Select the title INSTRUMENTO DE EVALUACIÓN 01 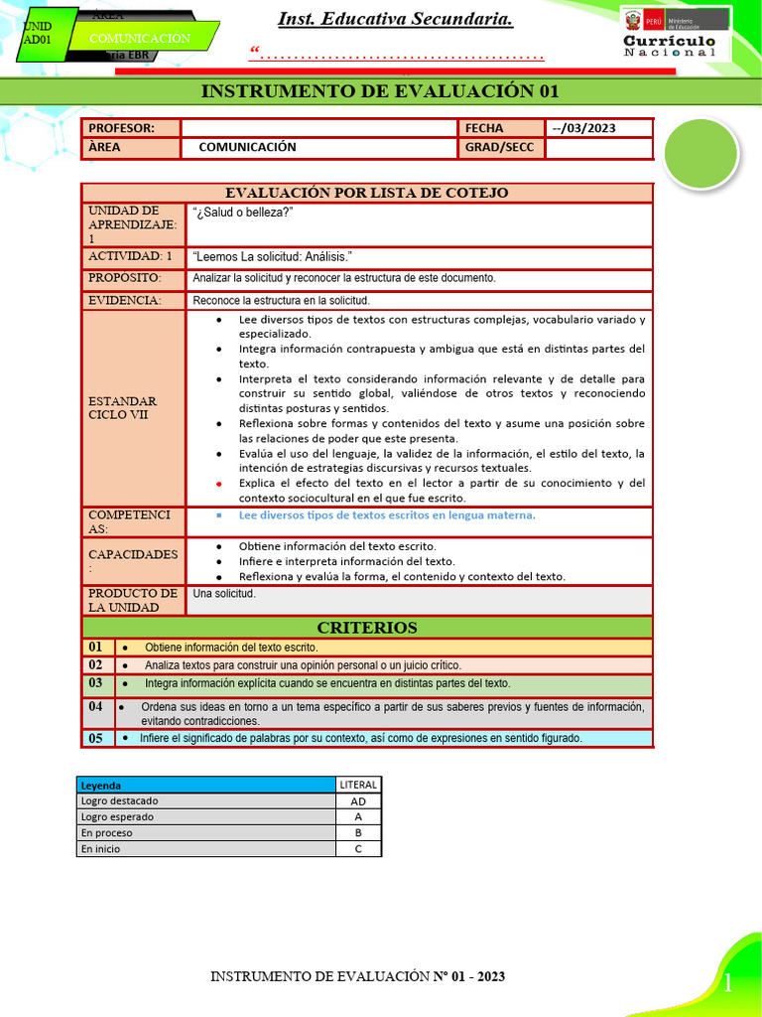[x=380, y=91]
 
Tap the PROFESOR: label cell [x=131, y=128]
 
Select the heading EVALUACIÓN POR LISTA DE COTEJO [x=367, y=193]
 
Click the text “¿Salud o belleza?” [x=243, y=213]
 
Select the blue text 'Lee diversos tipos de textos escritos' [x=387, y=515]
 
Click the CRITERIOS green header [x=367, y=628]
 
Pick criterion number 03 [x=96, y=683]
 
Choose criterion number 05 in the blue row [x=96, y=738]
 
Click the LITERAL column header [x=358, y=785]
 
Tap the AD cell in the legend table [x=358, y=800]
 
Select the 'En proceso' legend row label [x=107, y=833]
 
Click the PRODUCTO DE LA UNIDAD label [x=133, y=600]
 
